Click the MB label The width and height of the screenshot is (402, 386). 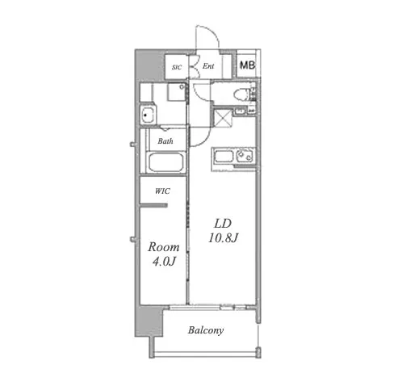tap(247, 65)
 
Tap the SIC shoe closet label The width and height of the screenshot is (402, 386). tap(177, 67)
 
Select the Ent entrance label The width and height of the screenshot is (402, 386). tap(208, 66)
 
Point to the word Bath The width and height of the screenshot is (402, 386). tap(165, 141)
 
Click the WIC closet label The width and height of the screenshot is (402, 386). tap(162, 191)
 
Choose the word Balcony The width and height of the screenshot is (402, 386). tap(206, 330)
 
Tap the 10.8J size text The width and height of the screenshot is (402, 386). tap(223, 237)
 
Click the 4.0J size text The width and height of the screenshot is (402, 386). tap(164, 262)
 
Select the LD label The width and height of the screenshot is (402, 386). tap(223, 224)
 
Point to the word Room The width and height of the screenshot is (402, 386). tap(164, 247)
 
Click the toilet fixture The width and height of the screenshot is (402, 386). tap(241, 96)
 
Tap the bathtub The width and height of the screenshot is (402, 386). tap(166, 162)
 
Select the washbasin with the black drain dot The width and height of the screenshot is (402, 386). tap(148, 115)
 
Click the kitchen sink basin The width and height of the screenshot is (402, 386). tap(224, 157)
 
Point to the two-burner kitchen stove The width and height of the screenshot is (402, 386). tap(245, 156)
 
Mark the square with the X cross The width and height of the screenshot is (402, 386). tap(222, 117)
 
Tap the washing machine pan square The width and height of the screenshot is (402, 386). tap(177, 92)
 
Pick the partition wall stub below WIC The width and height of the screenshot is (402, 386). tap(153, 206)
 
